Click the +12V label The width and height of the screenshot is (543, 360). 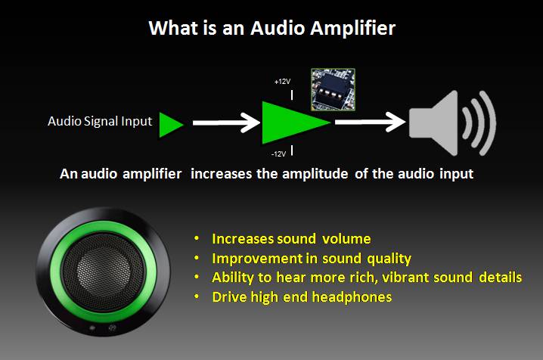coord(282,81)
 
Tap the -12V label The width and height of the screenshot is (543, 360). coord(279,154)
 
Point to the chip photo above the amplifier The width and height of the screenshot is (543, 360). coord(333,88)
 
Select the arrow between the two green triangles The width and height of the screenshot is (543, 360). coord(225,121)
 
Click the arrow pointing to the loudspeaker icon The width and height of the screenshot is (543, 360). coord(371,121)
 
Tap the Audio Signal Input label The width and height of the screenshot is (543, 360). coord(100,121)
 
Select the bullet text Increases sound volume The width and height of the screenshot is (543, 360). coord(291,238)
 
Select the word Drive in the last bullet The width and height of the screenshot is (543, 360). coord(230,297)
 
